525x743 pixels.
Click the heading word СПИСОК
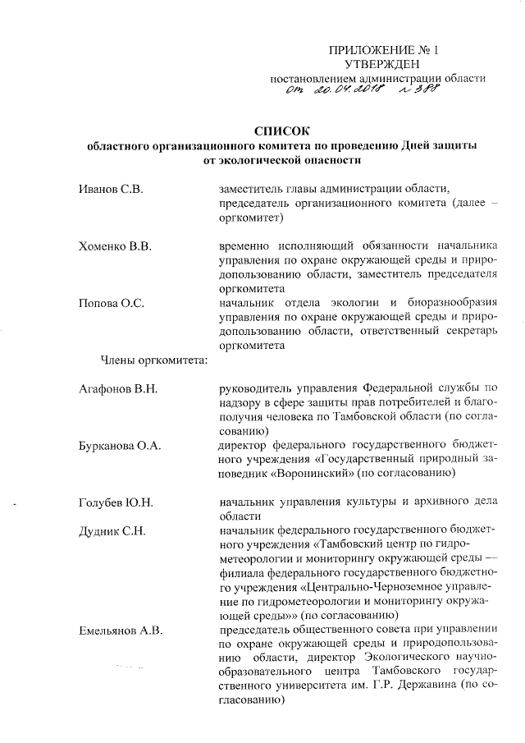[x=284, y=130]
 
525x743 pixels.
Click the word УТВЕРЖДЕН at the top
[x=382, y=63]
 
